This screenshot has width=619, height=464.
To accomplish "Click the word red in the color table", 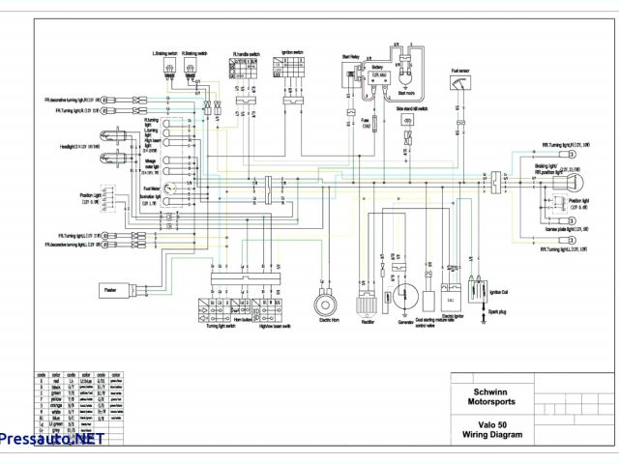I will [59, 382].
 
